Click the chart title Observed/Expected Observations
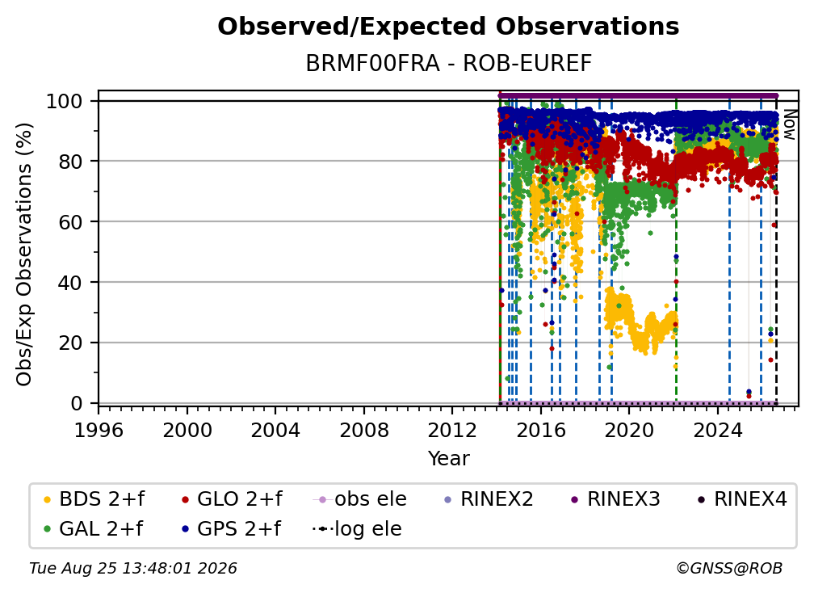448,27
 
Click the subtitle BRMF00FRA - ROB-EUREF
448,64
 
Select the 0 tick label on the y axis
76,403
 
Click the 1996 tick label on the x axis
99,430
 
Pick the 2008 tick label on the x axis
364,430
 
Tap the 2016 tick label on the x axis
541,430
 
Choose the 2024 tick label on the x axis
718,430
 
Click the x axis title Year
448,459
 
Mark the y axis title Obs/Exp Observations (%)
24,254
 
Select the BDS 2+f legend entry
94,499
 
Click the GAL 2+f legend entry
93,528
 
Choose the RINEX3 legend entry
615,499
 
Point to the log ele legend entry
357,528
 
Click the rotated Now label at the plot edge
789,124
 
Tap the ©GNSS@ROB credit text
729,568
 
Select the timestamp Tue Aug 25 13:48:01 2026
133,568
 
